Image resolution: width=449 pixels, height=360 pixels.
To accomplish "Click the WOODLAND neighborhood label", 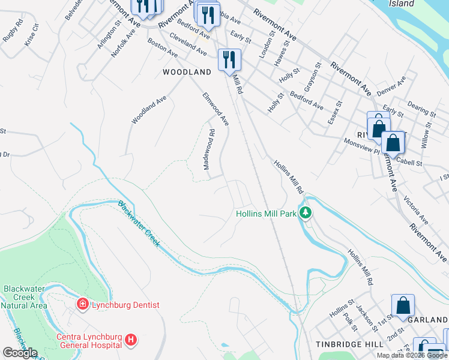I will point(187,72).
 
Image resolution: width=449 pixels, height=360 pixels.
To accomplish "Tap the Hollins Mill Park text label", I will point(266,213).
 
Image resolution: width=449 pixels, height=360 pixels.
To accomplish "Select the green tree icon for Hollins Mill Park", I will point(306,212).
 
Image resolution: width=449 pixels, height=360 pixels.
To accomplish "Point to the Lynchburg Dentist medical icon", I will point(82,305).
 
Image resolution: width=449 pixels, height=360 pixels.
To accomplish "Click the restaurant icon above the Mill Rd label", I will point(229,59).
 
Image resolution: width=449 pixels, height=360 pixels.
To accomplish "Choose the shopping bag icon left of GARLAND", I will point(403,305).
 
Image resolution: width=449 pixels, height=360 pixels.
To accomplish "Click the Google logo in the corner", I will point(20,353).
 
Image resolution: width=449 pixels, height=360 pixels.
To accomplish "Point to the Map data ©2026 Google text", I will point(412,355).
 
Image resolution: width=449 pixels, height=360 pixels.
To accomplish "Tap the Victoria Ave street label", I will point(415,208).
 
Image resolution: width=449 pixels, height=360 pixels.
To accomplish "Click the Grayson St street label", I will point(312,77).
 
